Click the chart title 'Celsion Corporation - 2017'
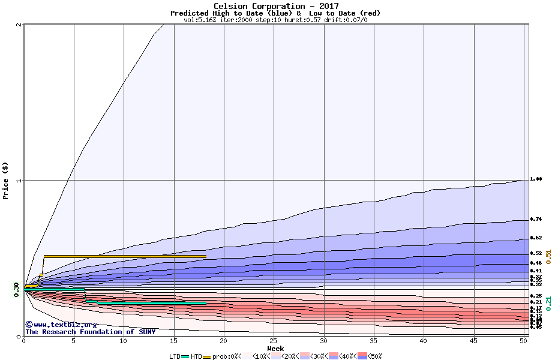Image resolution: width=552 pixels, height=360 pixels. click(275, 6)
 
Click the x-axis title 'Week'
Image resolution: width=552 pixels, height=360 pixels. click(275, 349)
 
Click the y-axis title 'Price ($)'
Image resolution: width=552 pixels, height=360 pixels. click(6, 180)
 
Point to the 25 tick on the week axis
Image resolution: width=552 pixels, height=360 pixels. click(274, 341)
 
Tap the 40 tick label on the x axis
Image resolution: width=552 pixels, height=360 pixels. click(424, 341)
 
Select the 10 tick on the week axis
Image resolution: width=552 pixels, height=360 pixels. click(124, 341)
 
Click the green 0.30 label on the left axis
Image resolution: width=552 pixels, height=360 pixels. click(17, 289)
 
